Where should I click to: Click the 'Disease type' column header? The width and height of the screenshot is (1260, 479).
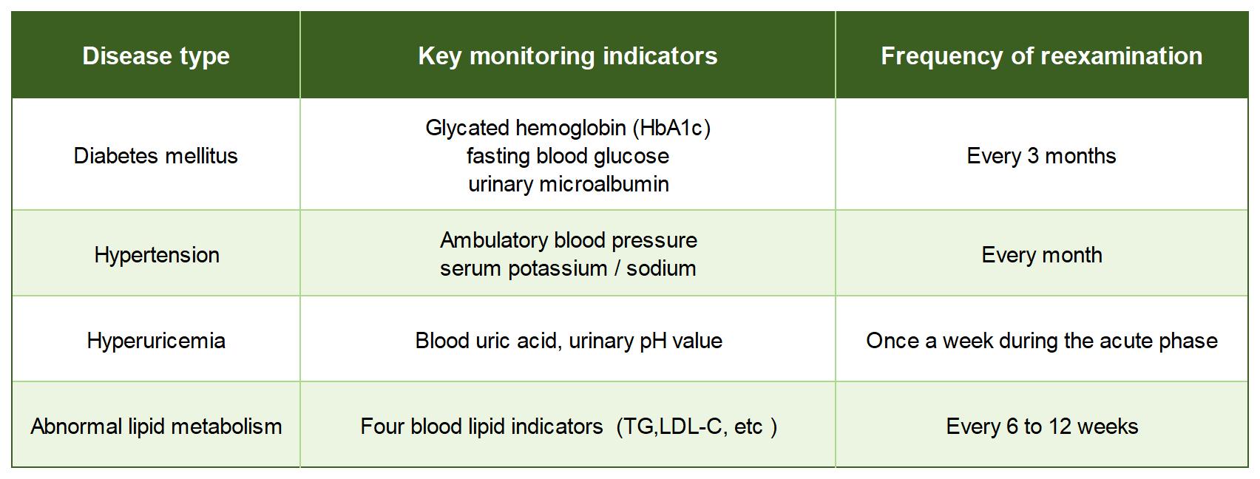pyautogui.click(x=156, y=56)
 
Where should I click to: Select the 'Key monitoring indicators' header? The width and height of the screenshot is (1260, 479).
pyautogui.click(x=568, y=56)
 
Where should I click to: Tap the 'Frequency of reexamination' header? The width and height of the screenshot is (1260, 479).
pyautogui.click(x=1041, y=56)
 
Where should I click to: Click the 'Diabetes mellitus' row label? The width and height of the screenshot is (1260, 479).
pyautogui.click(x=156, y=156)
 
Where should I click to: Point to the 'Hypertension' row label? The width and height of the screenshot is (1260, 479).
pyautogui.click(x=156, y=255)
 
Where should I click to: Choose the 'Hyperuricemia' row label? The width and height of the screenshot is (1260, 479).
pyautogui.click(x=156, y=341)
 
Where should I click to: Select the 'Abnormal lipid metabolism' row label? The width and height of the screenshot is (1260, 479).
pyautogui.click(x=156, y=427)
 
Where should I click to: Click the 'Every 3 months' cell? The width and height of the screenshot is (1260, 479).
pyautogui.click(x=1041, y=156)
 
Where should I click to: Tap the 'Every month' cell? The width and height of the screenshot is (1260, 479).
pyautogui.click(x=1042, y=255)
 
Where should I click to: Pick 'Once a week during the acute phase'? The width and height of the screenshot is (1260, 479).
pyautogui.click(x=1042, y=341)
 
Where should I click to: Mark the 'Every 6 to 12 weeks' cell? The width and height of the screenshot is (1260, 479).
pyautogui.click(x=1042, y=427)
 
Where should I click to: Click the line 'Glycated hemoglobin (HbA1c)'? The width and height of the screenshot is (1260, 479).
pyautogui.click(x=568, y=128)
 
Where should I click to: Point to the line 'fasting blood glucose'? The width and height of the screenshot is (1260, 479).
pyautogui.click(x=568, y=156)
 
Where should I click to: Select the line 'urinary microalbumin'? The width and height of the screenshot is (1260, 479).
pyautogui.click(x=568, y=184)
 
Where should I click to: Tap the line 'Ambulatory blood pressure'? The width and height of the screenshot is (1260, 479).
pyautogui.click(x=568, y=241)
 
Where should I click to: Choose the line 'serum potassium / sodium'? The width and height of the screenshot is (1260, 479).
pyautogui.click(x=568, y=269)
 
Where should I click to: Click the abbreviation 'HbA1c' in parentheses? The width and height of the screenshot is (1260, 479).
pyautogui.click(x=671, y=128)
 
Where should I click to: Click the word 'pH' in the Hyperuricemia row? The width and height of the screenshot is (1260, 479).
pyautogui.click(x=653, y=342)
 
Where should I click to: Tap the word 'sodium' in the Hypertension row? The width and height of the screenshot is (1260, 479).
pyautogui.click(x=661, y=269)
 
